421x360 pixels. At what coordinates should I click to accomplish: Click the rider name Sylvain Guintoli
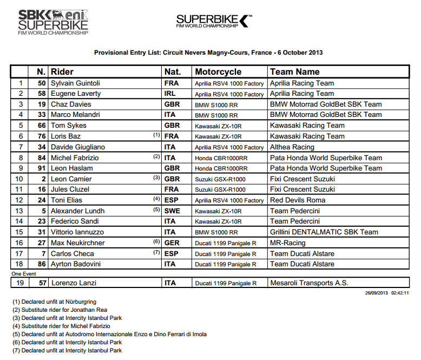75,83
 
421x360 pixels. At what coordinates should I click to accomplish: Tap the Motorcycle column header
218,71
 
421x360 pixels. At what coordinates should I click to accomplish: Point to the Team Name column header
295,71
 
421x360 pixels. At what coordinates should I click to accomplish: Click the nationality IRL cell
171,94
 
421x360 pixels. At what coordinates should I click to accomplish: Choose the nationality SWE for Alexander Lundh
172,211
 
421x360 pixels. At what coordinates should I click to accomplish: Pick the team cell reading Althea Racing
292,147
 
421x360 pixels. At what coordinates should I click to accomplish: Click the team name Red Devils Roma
298,200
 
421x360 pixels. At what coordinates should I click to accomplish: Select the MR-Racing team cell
288,243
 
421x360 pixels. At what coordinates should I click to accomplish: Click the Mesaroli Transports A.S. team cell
309,283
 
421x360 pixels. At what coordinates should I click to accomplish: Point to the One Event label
23,274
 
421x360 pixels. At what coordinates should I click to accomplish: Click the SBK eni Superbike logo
53,22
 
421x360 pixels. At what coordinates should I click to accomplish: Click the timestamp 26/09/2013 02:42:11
386,293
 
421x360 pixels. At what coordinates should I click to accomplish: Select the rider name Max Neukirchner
77,243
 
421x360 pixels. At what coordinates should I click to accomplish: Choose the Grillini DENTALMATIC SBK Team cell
324,232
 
